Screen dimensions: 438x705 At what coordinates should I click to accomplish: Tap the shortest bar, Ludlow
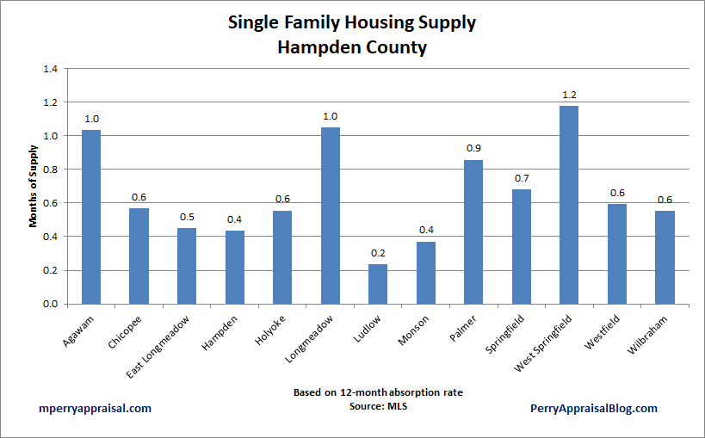[378, 284]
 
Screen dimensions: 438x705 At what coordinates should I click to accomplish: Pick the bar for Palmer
[473, 231]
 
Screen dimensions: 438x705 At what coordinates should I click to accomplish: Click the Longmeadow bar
[330, 215]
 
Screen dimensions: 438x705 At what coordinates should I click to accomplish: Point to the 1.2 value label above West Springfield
[568, 95]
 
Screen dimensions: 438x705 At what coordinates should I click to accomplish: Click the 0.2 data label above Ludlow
[378, 253]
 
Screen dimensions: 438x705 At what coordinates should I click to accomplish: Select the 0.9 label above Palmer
[473, 149]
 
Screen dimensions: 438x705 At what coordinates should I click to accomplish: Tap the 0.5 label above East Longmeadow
[187, 217]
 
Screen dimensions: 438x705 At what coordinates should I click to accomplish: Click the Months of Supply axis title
[34, 186]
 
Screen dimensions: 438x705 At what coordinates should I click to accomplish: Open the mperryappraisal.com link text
[95, 409]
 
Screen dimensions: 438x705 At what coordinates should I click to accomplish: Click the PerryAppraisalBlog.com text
[594, 409]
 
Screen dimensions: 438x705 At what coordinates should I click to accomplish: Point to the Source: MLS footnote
[378, 405]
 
